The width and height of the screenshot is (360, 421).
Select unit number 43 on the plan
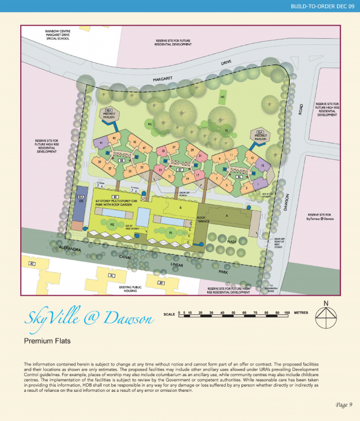coord(114,138)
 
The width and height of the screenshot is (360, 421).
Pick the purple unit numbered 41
coord(102,144)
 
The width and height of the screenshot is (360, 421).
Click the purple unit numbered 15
coord(262,166)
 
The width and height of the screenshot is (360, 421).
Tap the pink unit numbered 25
coord(163,151)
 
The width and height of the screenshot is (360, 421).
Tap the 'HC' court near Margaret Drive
coord(223,96)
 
